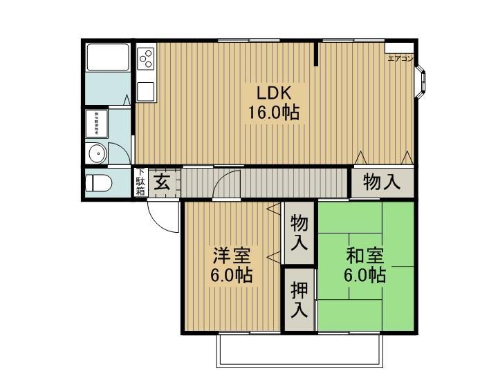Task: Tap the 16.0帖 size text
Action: [x=274, y=113]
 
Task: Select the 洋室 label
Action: [x=231, y=256]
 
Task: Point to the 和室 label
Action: [x=365, y=256]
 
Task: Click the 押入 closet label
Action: [x=299, y=300]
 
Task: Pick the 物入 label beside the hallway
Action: [x=382, y=182]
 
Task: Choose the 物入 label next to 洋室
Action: [x=299, y=233]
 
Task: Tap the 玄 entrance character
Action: [x=162, y=183]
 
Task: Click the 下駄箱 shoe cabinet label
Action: [x=140, y=182]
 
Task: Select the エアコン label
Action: [x=400, y=59]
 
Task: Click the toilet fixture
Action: [x=97, y=184]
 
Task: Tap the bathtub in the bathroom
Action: [x=108, y=58]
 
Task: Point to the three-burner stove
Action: [x=146, y=59]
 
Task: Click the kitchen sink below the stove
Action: [x=145, y=91]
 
